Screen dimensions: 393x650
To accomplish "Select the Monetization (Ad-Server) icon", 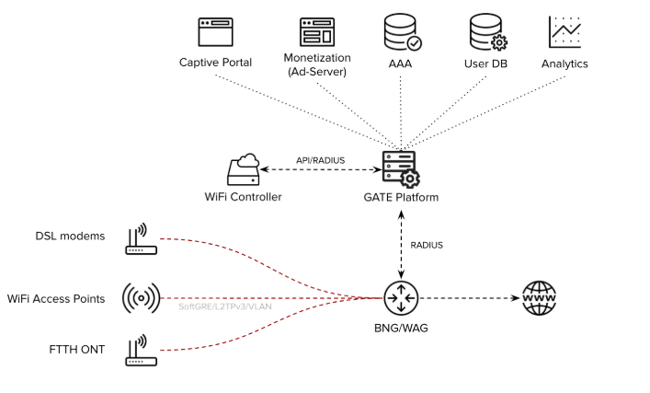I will [316, 32].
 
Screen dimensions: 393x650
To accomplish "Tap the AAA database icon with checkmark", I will [402, 32].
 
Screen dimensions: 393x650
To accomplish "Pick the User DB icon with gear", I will [487, 32].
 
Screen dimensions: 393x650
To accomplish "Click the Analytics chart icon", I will [564, 32].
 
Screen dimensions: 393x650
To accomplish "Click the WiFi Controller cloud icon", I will [244, 171].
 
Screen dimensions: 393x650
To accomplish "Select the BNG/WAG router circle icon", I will [401, 298].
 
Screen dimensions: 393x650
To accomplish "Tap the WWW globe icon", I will [539, 298].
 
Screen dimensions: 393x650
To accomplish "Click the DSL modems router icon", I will [141, 238].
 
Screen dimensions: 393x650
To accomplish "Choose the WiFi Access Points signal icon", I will [141, 298].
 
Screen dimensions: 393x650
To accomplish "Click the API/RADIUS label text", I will [320, 160].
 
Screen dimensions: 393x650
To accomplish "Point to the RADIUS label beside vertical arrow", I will [427, 245].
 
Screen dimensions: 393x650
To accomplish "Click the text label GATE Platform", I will [401, 197].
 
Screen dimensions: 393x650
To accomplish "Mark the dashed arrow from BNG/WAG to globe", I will [469, 298].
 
